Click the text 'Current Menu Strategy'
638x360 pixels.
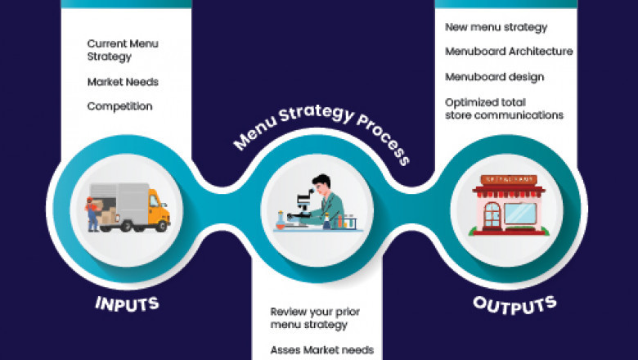(123, 50)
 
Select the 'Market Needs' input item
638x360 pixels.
(123, 82)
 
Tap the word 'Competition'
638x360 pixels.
(119, 106)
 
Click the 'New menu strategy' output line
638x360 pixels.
(496, 27)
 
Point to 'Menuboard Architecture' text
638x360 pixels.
(509, 52)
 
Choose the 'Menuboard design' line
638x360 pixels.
(494, 77)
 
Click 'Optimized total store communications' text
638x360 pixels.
(504, 109)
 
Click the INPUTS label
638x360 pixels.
(127, 305)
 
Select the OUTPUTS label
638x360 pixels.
(514, 304)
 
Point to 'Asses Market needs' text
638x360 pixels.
(321, 350)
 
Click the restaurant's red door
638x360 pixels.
(492, 216)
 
